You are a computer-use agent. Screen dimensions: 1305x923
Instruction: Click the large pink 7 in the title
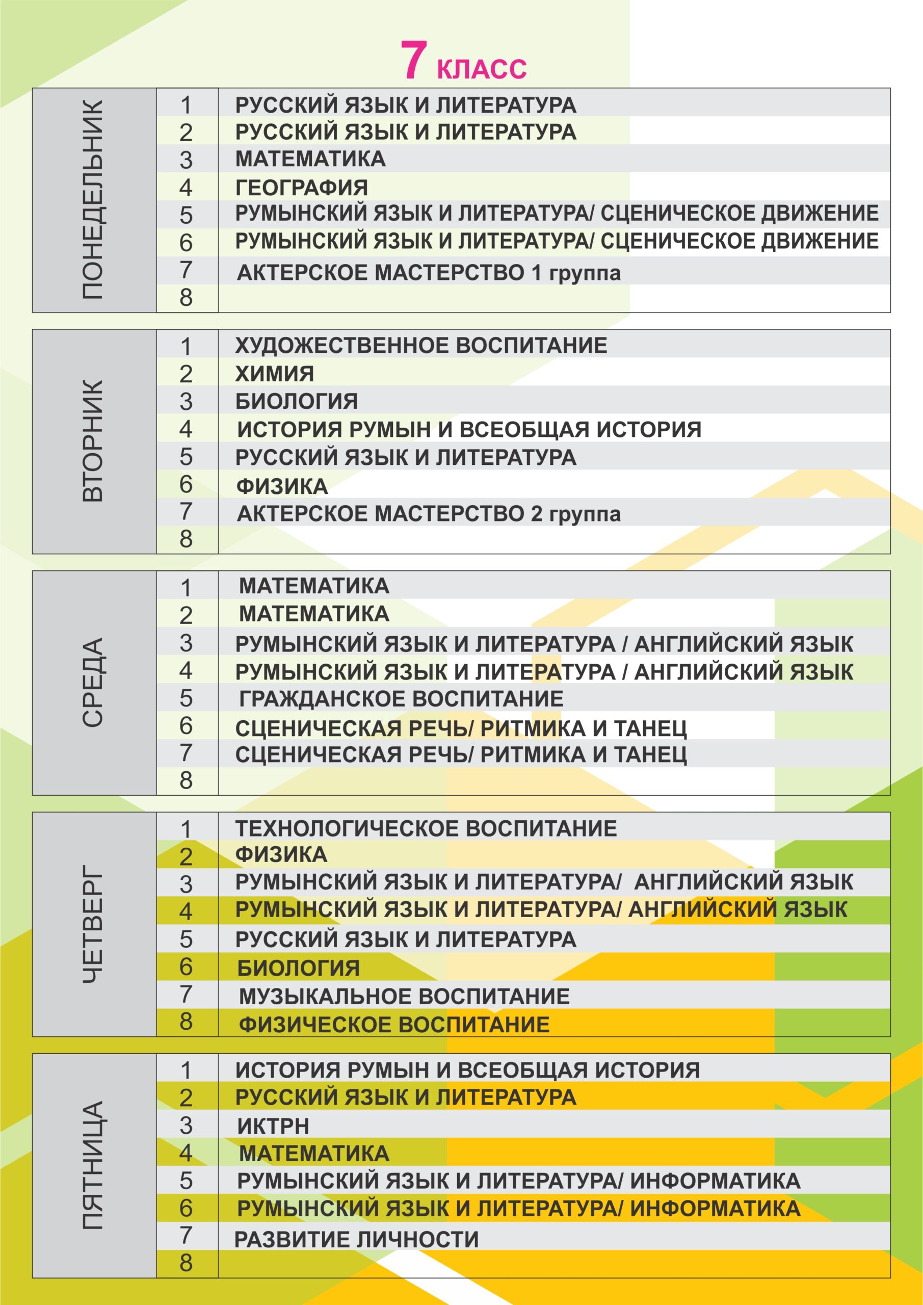413,60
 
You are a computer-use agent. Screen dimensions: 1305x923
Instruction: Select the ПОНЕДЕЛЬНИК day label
93,200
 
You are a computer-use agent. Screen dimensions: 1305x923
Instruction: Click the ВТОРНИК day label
93,441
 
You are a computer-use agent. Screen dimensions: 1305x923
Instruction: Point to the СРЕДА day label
93,683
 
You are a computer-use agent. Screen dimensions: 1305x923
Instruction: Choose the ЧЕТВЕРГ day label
93,924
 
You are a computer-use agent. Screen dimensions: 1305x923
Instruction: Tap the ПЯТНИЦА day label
93,1166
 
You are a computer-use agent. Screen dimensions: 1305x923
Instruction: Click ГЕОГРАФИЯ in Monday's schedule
302,188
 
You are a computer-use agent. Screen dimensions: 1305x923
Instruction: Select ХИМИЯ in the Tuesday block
275,374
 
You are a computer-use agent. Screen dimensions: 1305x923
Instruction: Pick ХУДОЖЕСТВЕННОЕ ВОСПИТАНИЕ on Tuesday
421,346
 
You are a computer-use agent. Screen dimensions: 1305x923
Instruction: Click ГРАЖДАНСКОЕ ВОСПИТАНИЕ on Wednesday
401,698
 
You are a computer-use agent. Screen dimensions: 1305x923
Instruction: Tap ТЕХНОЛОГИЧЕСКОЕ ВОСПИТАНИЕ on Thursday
426,828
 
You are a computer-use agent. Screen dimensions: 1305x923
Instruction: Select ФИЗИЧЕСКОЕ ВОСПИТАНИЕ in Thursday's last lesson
394,1024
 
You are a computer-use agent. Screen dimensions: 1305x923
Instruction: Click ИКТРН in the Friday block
273,1126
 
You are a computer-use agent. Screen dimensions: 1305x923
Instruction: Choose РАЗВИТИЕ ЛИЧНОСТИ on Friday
356,1239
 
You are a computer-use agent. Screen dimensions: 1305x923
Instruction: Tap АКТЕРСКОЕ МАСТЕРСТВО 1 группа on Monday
429,273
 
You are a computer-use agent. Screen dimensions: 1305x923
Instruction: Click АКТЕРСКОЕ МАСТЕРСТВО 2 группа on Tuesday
429,514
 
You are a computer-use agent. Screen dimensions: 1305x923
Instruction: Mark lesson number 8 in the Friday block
186,1265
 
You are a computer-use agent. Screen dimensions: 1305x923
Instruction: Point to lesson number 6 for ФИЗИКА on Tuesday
186,484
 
